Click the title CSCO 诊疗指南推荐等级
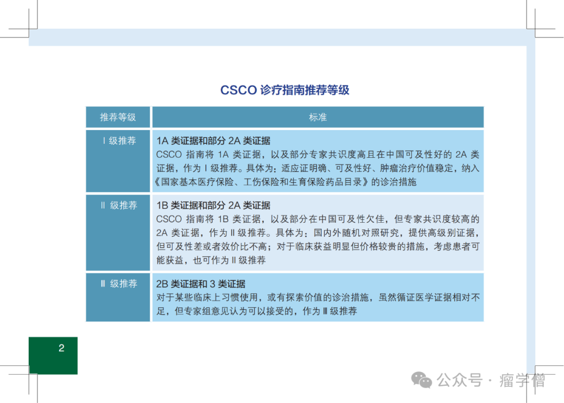[x=285, y=90]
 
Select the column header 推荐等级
[x=118, y=117]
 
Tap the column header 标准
[x=318, y=117]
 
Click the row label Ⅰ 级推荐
[x=119, y=141]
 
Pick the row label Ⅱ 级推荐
[x=119, y=205]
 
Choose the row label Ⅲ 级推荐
[x=119, y=284]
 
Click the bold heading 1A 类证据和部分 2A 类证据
[x=213, y=141]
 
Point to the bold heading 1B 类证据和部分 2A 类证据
[x=213, y=205]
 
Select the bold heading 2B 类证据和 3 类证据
[x=201, y=284]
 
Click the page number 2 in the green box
[x=62, y=348]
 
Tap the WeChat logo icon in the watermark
[x=421, y=381]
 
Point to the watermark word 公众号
[x=460, y=381]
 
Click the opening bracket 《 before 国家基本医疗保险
[x=157, y=182]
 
